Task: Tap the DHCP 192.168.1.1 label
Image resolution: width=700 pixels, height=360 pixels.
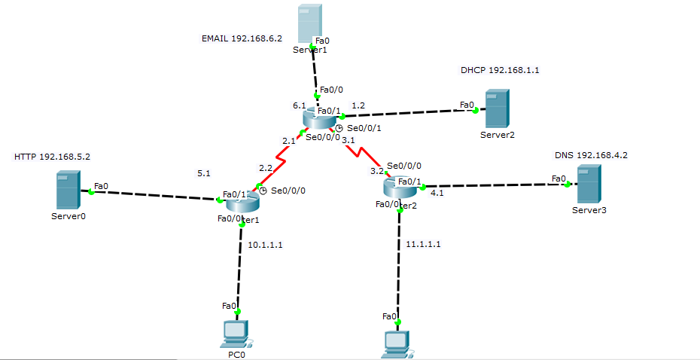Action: tap(500, 70)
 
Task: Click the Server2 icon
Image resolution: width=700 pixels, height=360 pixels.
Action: tap(496, 108)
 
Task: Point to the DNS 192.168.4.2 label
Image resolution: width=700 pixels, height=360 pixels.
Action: tap(591, 155)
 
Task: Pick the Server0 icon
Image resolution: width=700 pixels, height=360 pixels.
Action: tap(68, 190)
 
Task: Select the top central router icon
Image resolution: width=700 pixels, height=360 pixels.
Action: tap(320, 118)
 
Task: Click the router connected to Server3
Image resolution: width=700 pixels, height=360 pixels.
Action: tap(399, 188)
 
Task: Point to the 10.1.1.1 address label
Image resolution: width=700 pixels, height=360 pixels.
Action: tap(265, 245)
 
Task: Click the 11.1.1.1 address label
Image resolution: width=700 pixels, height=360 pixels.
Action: tap(423, 244)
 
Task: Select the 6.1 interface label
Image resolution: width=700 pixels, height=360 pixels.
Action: tap(299, 106)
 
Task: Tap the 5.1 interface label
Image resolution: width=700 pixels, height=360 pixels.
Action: tap(203, 173)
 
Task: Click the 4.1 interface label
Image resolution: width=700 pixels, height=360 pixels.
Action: tap(437, 192)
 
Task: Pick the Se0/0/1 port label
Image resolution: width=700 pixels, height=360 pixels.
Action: tap(364, 128)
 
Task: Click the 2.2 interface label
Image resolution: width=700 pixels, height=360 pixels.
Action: tap(266, 168)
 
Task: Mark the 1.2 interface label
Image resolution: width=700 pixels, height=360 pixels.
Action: tap(358, 105)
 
